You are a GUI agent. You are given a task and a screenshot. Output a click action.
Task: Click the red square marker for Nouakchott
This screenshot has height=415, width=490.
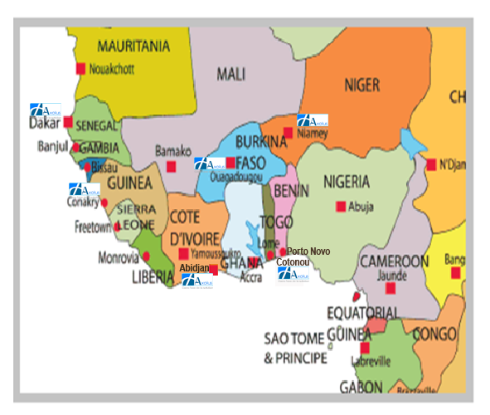[81, 68]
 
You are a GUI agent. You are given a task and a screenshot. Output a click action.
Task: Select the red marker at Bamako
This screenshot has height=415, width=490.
[172, 166]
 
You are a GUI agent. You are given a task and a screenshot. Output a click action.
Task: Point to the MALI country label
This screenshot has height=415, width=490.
[231, 75]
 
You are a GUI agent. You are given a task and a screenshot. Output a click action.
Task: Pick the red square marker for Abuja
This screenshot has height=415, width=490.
[339, 207]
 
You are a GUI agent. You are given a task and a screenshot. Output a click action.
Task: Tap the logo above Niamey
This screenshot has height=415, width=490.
[312, 121]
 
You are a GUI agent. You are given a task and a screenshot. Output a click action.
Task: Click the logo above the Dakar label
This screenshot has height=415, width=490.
[46, 110]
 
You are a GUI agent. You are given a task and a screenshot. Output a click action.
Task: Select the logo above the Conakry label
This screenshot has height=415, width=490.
[84, 190]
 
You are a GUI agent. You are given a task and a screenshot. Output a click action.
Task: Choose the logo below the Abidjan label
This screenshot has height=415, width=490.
[197, 281]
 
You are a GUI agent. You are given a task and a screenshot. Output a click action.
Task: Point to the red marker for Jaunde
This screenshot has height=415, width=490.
[391, 288]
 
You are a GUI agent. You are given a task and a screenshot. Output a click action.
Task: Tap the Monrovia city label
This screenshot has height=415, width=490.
[117, 257]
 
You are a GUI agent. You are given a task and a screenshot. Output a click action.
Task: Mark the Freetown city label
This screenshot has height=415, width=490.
[93, 226]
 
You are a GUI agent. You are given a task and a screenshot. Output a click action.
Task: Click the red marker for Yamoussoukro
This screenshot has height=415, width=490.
[183, 254]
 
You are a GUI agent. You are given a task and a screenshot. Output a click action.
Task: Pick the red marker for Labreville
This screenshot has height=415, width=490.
[365, 348]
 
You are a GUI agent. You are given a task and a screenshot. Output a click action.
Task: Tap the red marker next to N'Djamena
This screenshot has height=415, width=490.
[431, 164]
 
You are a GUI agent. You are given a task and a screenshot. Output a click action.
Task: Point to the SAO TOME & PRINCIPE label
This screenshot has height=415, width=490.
[296, 349]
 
